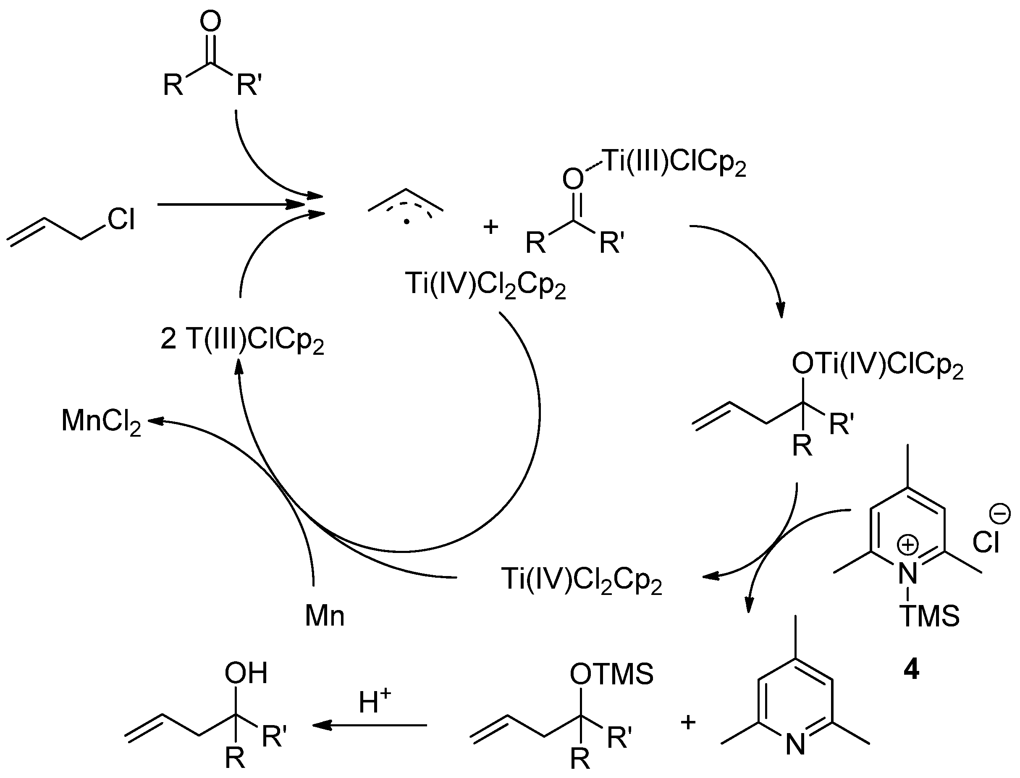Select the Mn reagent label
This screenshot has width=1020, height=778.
tap(325, 616)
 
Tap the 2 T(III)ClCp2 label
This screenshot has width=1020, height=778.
tap(242, 341)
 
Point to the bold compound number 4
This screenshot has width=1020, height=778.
tap(911, 670)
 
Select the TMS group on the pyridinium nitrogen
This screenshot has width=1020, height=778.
tap(930, 616)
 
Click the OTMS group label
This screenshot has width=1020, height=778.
tap(611, 674)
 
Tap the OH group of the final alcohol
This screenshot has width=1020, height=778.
tap(246, 673)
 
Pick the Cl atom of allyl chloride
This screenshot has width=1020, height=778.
tap(121, 219)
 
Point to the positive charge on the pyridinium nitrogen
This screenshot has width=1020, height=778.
tap(908, 545)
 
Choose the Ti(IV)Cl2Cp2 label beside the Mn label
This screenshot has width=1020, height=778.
tap(581, 580)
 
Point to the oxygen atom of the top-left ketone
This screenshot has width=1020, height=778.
tap(210, 22)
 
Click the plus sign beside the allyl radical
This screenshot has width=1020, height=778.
tap(490, 227)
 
